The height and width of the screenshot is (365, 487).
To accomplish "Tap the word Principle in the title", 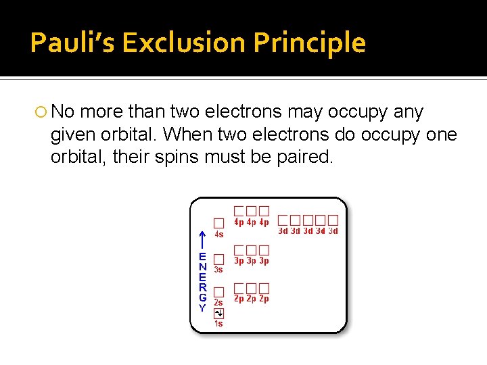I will pos(310,43).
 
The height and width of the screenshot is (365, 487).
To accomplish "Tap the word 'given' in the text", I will pos(72,135).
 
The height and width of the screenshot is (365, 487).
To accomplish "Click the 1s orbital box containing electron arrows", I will pos(218,313).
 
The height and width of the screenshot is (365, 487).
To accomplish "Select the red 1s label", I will pos(218,324).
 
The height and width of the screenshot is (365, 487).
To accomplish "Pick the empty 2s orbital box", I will pos(218,292).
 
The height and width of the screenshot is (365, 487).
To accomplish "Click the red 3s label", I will pos(218,269).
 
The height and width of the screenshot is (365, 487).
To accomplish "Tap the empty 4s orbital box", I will pos(218,223).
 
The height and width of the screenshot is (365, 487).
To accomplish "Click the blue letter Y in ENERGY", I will pos(202,308).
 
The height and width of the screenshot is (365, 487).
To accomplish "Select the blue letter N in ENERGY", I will pos(202,267).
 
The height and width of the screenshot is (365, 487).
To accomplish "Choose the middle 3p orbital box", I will pos(252,250).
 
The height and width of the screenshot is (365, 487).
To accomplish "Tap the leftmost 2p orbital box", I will pos(239,288).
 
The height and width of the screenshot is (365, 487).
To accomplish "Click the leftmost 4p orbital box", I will pos(239,211).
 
